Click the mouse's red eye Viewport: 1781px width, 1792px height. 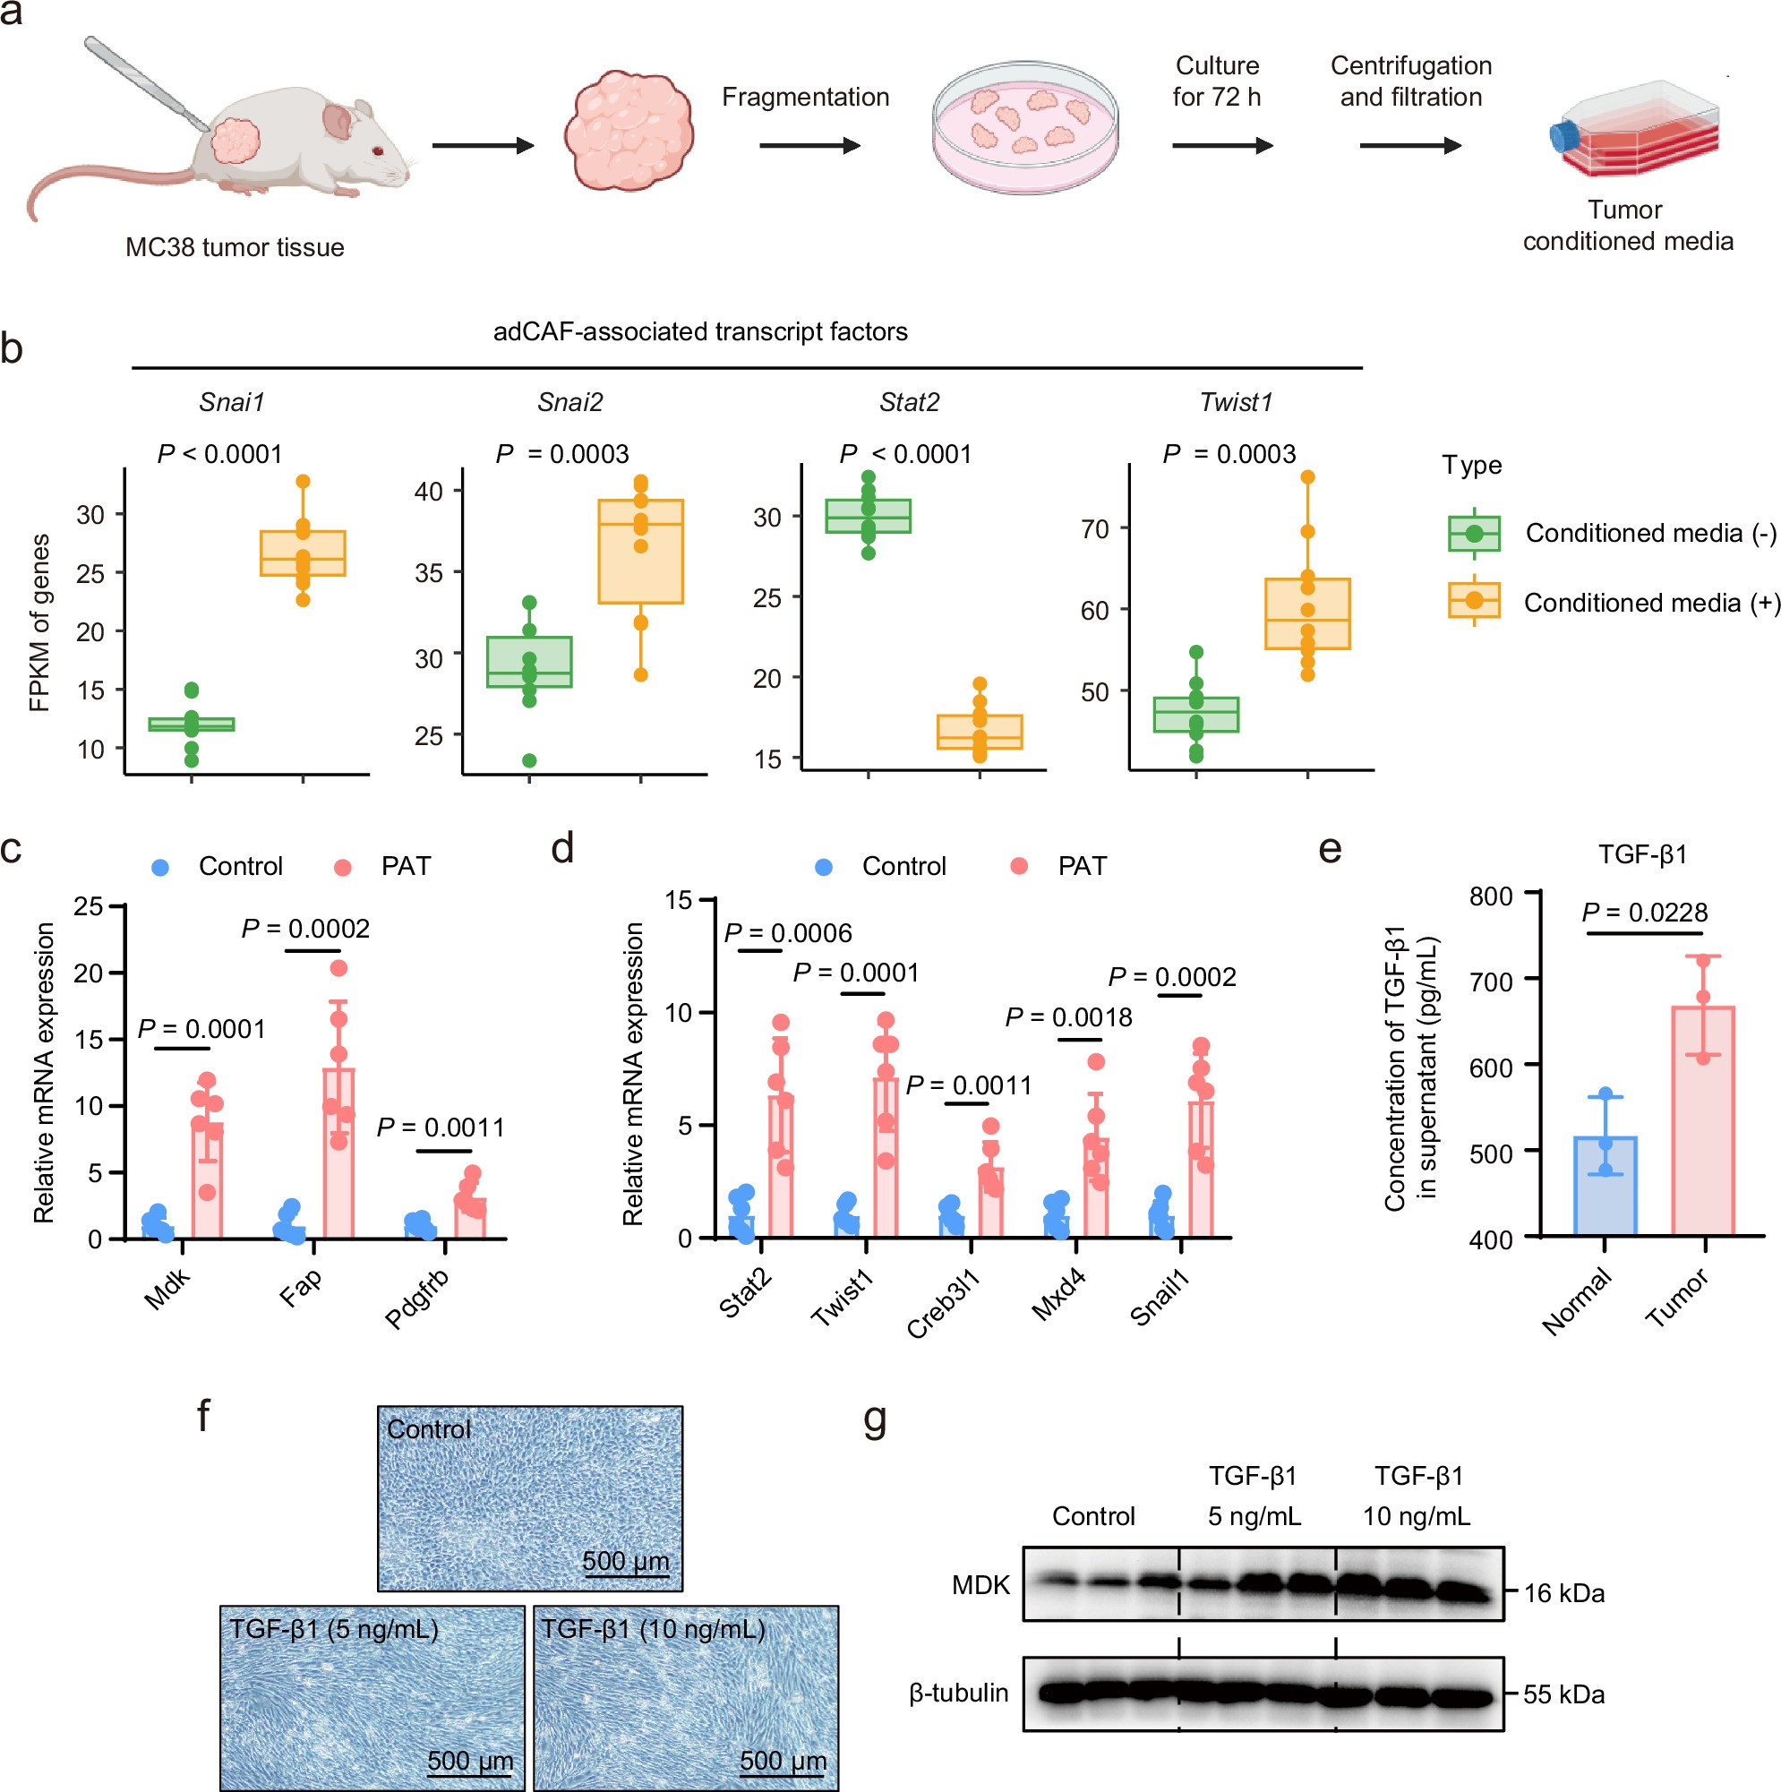pyautogui.click(x=378, y=151)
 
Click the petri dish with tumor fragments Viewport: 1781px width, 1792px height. pyautogui.click(x=1024, y=128)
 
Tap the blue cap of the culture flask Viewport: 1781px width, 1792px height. pyautogui.click(x=1564, y=137)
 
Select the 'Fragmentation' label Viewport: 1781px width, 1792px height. pyautogui.click(x=805, y=98)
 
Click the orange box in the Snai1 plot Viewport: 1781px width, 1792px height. pyautogui.click(x=303, y=553)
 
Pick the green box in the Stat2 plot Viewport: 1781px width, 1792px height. pyautogui.click(x=869, y=517)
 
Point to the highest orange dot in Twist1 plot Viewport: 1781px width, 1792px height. pyautogui.click(x=1308, y=477)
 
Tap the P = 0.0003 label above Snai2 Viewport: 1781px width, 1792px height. pyautogui.click(x=562, y=455)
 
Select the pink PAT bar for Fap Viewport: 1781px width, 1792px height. pyautogui.click(x=338, y=1153)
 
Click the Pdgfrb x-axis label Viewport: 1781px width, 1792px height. pyautogui.click(x=418, y=1299)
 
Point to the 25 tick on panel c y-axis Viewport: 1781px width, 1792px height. pyautogui.click(x=89, y=906)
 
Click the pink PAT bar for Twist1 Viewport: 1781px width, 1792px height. pyautogui.click(x=886, y=1158)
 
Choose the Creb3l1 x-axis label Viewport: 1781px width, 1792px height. pyautogui.click(x=944, y=1306)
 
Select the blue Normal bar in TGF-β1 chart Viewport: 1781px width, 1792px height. pyautogui.click(x=1605, y=1187)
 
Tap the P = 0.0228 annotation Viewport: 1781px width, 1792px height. pyautogui.click(x=1644, y=913)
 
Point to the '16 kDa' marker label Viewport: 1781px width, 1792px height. pyautogui.click(x=1564, y=1593)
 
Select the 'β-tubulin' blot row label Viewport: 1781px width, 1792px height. pyautogui.click(x=958, y=1693)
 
